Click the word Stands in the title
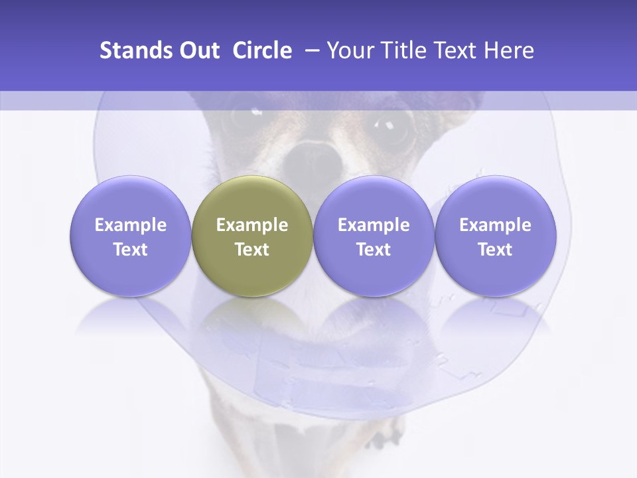pos(137,50)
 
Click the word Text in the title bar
pos(453,50)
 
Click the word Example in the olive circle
pos(252,225)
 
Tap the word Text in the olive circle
pos(252,250)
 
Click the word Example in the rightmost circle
pos(496,225)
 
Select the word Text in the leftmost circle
pos(130,250)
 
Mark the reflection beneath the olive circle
pos(252,315)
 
